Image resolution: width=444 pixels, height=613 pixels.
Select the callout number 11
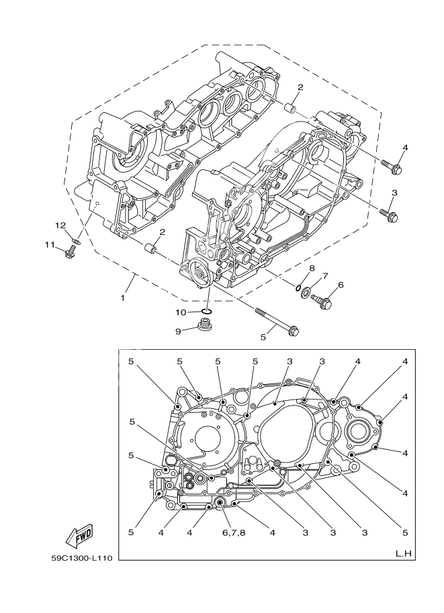50,245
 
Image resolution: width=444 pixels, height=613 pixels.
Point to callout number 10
181,312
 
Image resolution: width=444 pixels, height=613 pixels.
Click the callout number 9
179,331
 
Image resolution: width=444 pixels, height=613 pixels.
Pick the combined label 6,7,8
228,533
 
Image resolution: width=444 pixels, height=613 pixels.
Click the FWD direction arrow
79,536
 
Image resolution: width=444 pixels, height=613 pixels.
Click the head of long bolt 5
292,330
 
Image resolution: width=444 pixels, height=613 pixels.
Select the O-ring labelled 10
208,311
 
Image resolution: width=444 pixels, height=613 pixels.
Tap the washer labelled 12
77,239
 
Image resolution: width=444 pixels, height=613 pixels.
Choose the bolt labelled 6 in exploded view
323,304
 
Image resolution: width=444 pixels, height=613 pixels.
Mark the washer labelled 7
306,292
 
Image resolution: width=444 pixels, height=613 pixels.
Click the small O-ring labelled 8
296,287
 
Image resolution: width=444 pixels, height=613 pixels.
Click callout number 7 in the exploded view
325,275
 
